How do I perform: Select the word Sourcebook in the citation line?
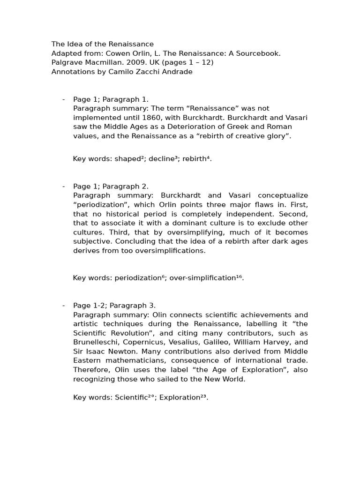(x=259, y=53)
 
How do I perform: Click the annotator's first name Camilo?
(x=122, y=72)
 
